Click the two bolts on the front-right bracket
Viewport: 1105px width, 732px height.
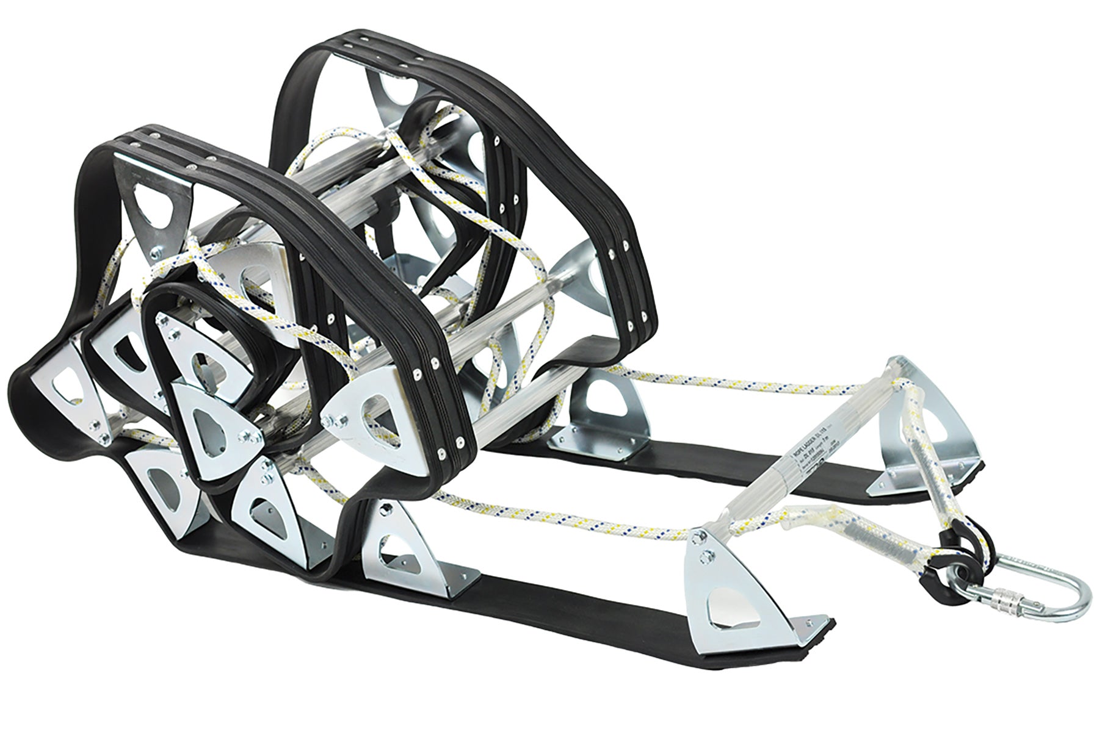click(x=707, y=546)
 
